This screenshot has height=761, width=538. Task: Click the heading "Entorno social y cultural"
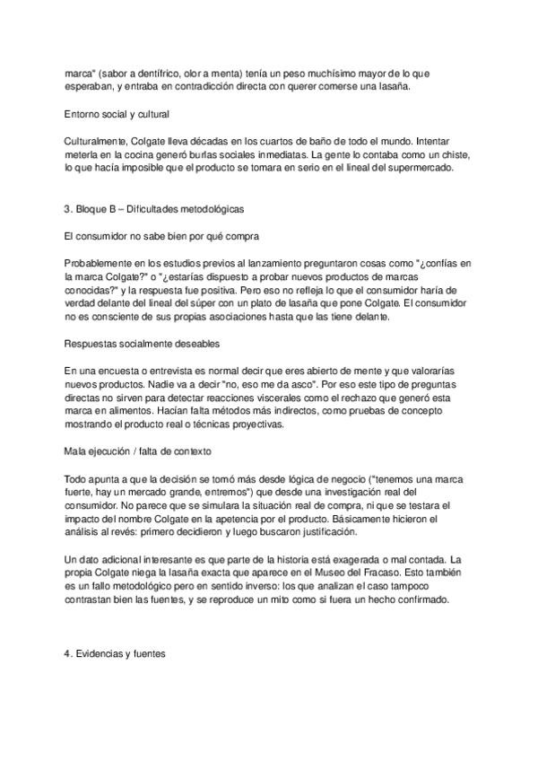point(118,114)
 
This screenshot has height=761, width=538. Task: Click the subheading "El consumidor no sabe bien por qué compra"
point(161,236)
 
